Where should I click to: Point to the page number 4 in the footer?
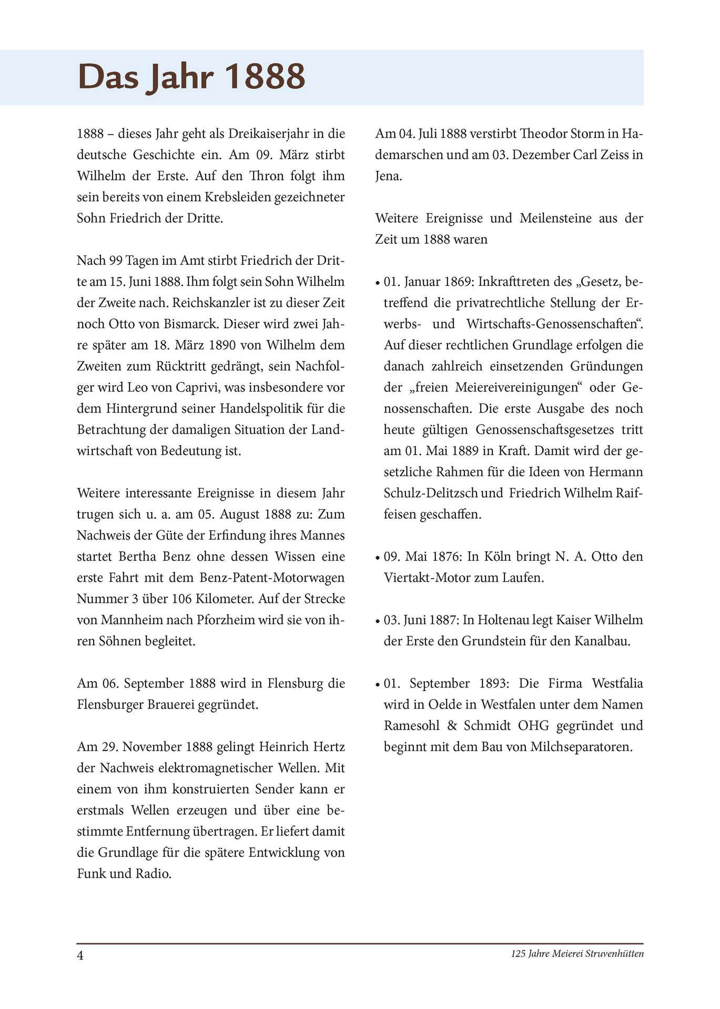(80, 955)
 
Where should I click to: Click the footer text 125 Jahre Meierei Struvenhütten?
(577, 954)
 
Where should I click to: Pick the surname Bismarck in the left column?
(193, 324)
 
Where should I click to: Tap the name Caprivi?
(198, 387)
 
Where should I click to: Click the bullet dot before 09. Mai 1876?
(378, 558)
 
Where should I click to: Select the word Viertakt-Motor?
(429, 578)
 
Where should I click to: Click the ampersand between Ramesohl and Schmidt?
(452, 726)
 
